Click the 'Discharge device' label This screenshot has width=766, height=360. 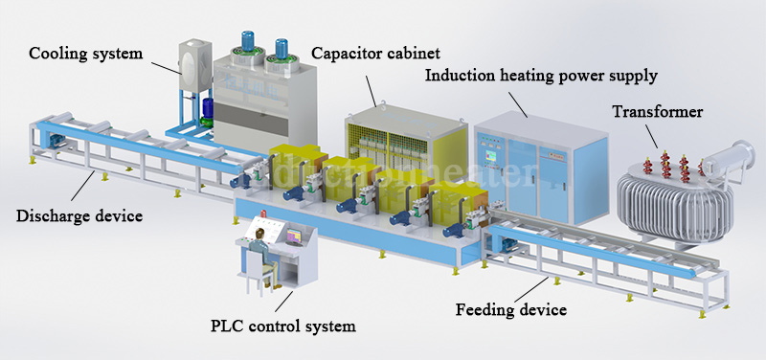pos(79,215)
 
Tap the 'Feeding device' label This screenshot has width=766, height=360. pos(511,309)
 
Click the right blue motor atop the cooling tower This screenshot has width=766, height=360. pos(282,51)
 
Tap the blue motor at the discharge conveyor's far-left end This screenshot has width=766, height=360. pos(56,142)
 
